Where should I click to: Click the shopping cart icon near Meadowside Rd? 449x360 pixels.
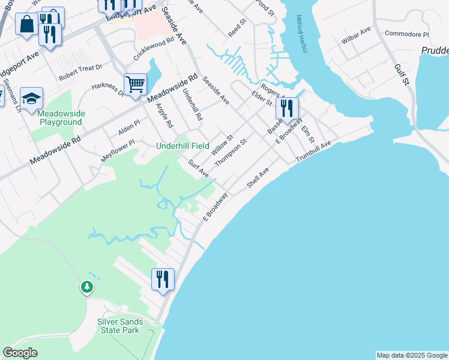pos(136,84)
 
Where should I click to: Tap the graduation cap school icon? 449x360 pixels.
pos(31,98)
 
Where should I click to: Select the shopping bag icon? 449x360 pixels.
pos(27,25)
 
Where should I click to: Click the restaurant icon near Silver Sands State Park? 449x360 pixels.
pos(163,279)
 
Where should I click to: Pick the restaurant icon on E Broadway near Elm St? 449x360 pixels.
pos(287,109)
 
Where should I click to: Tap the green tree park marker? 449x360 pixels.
pos(88,287)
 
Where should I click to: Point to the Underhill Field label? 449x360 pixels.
pos(182,146)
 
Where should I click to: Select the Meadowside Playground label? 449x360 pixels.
pos(61,118)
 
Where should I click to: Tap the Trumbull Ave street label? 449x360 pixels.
pos(313,152)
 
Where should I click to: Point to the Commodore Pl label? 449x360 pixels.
pos(407,34)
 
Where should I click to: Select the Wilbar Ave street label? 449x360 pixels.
pos(357,35)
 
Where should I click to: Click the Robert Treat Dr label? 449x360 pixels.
pos(80,73)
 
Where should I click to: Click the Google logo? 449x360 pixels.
pos(20,353)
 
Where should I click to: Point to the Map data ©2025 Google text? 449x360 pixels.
pos(411,355)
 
